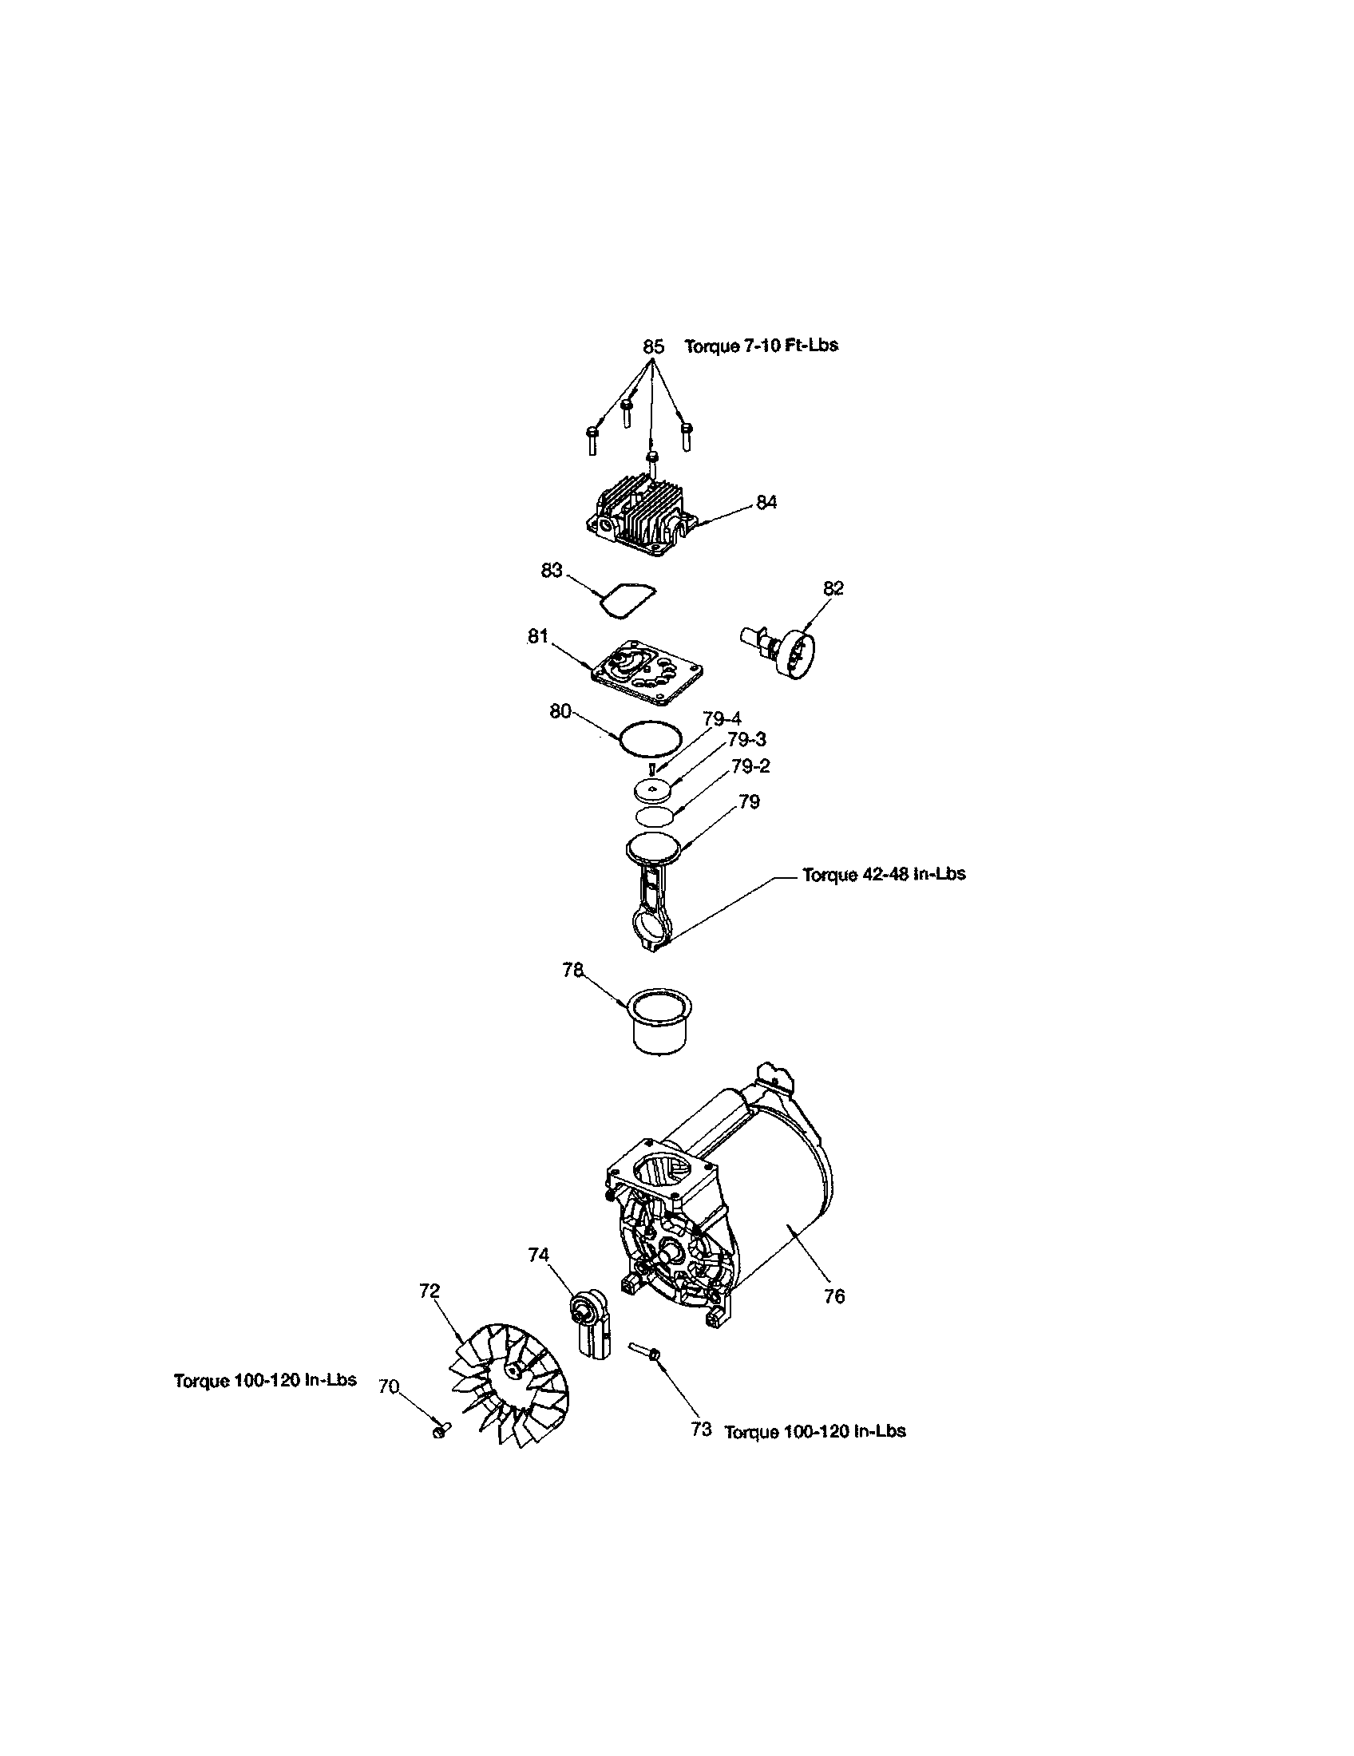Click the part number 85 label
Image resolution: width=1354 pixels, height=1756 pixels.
[x=653, y=346]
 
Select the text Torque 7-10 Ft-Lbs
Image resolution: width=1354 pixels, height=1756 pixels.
[x=761, y=346]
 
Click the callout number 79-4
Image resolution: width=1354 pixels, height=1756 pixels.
[x=722, y=719]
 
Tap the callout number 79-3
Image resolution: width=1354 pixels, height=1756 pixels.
[x=747, y=740]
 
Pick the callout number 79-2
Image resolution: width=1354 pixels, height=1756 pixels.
[x=750, y=766]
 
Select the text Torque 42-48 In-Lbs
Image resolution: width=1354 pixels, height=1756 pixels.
[x=884, y=874]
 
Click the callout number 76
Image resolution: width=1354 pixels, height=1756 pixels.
[x=834, y=1296]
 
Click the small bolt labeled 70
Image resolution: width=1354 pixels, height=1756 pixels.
[x=439, y=1431]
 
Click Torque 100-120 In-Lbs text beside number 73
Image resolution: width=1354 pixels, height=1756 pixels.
[x=814, y=1431]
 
